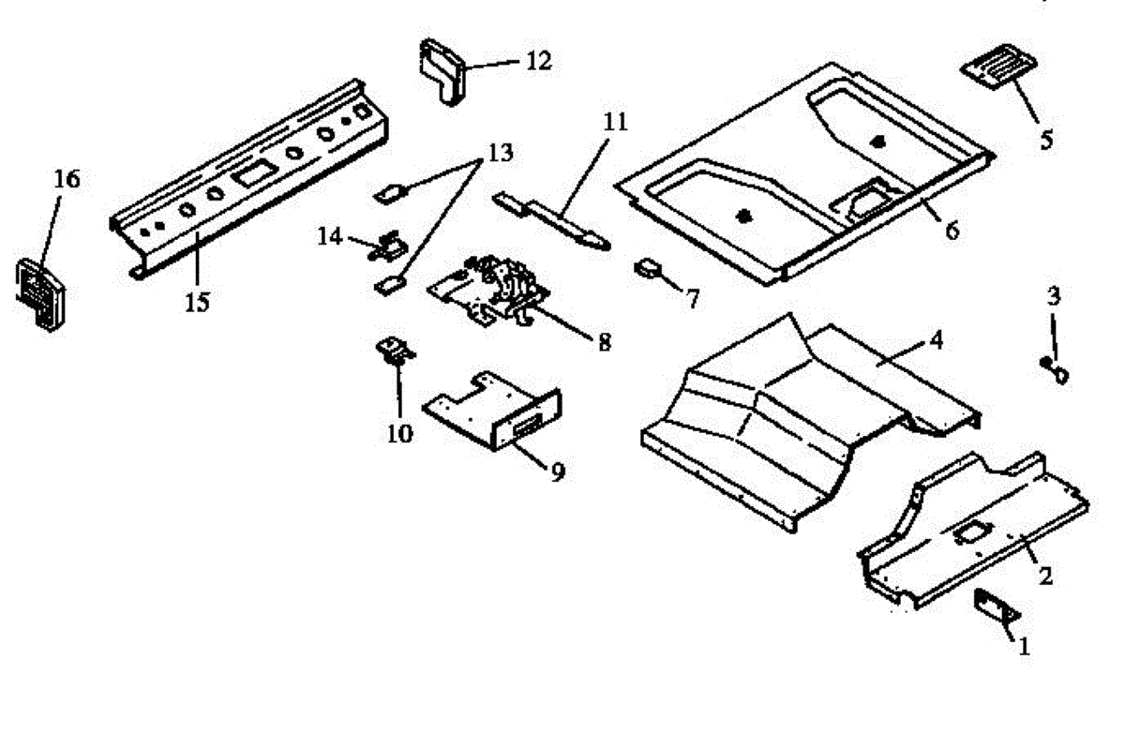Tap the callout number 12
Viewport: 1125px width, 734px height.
[x=538, y=62]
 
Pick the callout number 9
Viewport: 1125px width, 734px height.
[x=557, y=472]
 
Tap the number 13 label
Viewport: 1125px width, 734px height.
[x=500, y=152]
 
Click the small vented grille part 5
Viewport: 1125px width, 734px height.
[x=999, y=69]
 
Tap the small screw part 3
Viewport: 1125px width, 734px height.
[x=1054, y=370]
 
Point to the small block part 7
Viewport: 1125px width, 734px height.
[x=647, y=269]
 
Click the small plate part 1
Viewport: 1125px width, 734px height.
[x=993, y=604]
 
